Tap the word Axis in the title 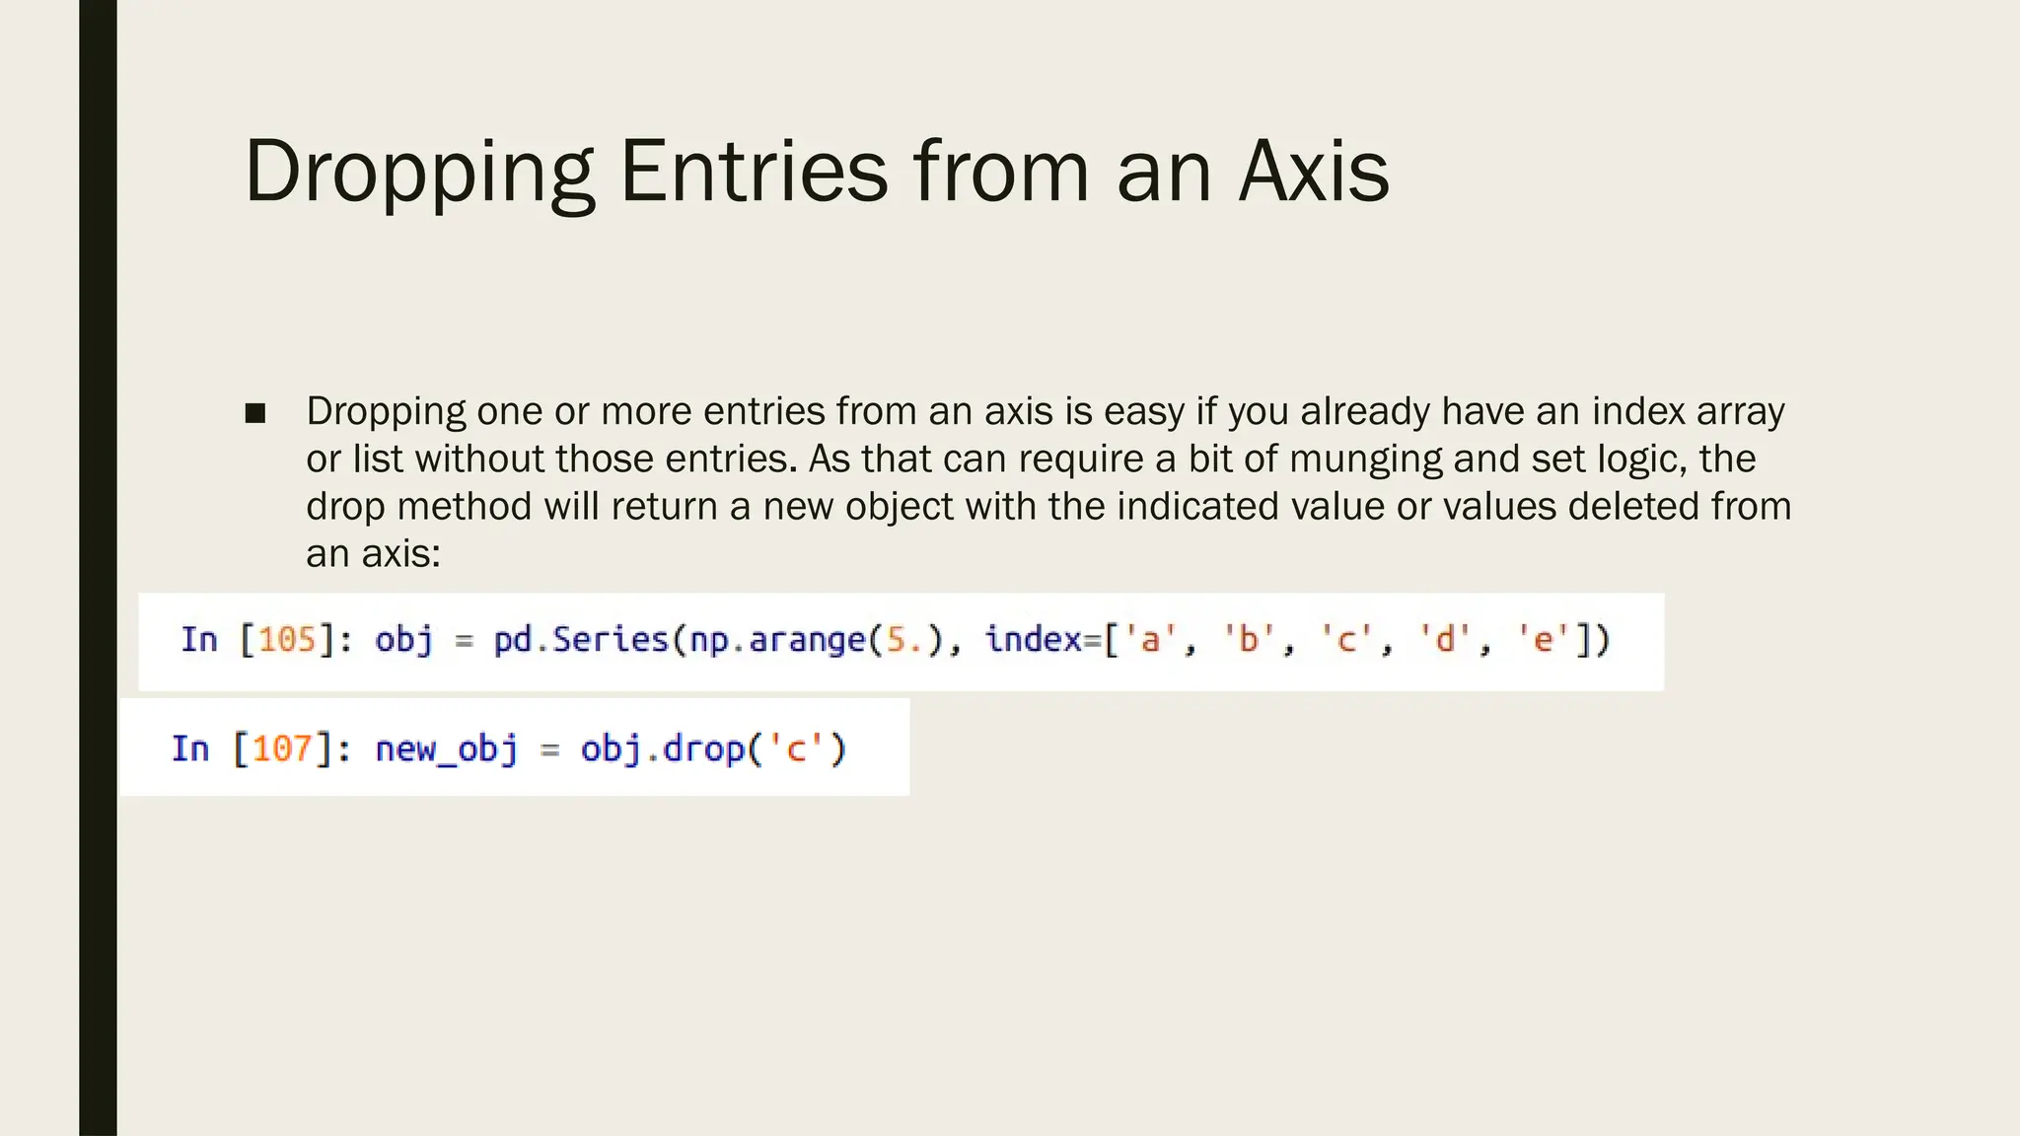(1314, 172)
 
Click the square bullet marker (255, 413)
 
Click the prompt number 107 (282, 748)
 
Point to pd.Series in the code (581, 640)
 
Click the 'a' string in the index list (1150, 640)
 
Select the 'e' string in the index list (1544, 640)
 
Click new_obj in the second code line (447, 748)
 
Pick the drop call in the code (703, 748)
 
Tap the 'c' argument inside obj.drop (796, 748)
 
